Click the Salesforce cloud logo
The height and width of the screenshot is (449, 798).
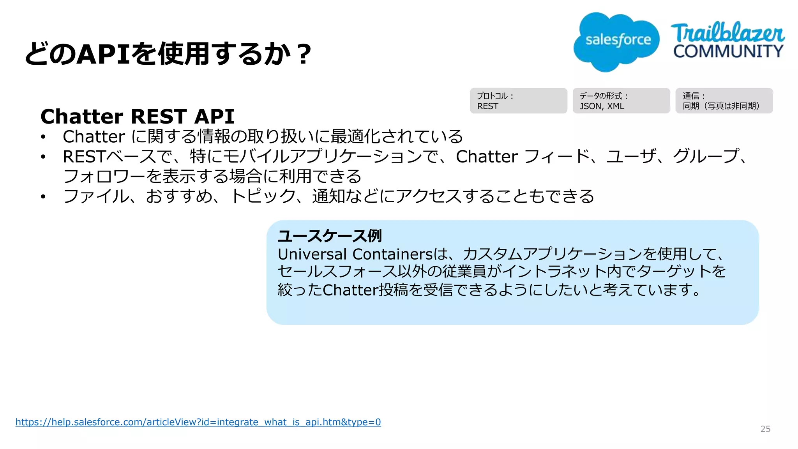[616, 41]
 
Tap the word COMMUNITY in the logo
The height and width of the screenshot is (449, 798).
[728, 51]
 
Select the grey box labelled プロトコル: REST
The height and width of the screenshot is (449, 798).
[518, 101]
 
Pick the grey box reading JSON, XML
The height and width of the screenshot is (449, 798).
[621, 101]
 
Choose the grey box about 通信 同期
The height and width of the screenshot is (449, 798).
[724, 101]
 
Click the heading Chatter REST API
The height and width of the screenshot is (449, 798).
[137, 117]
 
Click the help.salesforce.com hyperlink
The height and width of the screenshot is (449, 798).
[198, 422]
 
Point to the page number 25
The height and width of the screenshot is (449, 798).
[765, 429]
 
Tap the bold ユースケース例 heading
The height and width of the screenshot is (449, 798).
[330, 236]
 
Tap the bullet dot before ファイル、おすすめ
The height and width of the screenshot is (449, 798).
[43, 196]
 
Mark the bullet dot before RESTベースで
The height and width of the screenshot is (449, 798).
[43, 157]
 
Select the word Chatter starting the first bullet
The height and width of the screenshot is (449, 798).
[94, 137]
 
